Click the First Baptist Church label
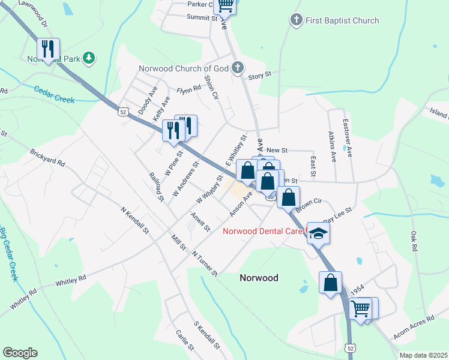pyautogui.click(x=342, y=20)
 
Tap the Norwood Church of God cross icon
pyautogui.click(x=238, y=67)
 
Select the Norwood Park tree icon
pyautogui.click(x=89, y=58)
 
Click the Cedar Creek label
pyautogui.click(x=54, y=94)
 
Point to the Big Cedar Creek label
pyautogui.click(x=7, y=255)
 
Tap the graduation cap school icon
pyautogui.click(x=318, y=233)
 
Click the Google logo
pyautogui.click(x=20, y=353)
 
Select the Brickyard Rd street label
pyautogui.click(x=47, y=162)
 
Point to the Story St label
pyautogui.click(x=260, y=76)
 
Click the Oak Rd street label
pyautogui.click(x=414, y=239)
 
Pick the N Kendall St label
pyautogui.click(x=134, y=221)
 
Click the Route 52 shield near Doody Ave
pyautogui.click(x=123, y=112)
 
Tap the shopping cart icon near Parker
pyautogui.click(x=226, y=5)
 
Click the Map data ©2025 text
pyautogui.click(x=423, y=355)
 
